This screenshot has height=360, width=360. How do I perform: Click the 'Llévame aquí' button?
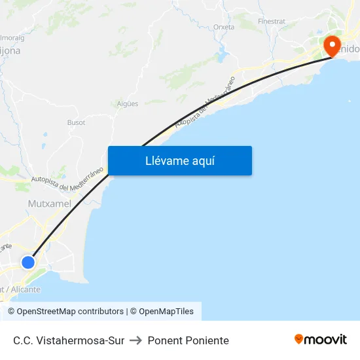click(x=179, y=160)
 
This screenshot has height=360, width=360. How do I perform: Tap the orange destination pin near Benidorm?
click(x=332, y=45)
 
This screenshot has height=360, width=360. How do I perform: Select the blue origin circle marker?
click(x=27, y=262)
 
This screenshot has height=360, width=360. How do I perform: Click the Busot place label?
click(x=76, y=122)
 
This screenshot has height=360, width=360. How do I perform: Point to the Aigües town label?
click(x=127, y=103)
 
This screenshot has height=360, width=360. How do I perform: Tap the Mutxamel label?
click(x=49, y=204)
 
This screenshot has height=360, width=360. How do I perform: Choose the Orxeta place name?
click(x=224, y=27)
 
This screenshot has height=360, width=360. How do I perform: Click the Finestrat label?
click(x=272, y=21)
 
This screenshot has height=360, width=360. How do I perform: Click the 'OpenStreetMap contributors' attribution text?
click(x=70, y=312)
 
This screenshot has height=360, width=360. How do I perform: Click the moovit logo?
click(x=321, y=340)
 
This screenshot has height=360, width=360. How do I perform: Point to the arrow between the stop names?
click(x=136, y=340)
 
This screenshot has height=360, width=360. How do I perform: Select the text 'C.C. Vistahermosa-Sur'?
click(x=69, y=340)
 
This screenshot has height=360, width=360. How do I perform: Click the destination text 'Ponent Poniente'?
click(x=189, y=340)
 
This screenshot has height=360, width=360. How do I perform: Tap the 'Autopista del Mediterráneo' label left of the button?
click(x=68, y=179)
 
